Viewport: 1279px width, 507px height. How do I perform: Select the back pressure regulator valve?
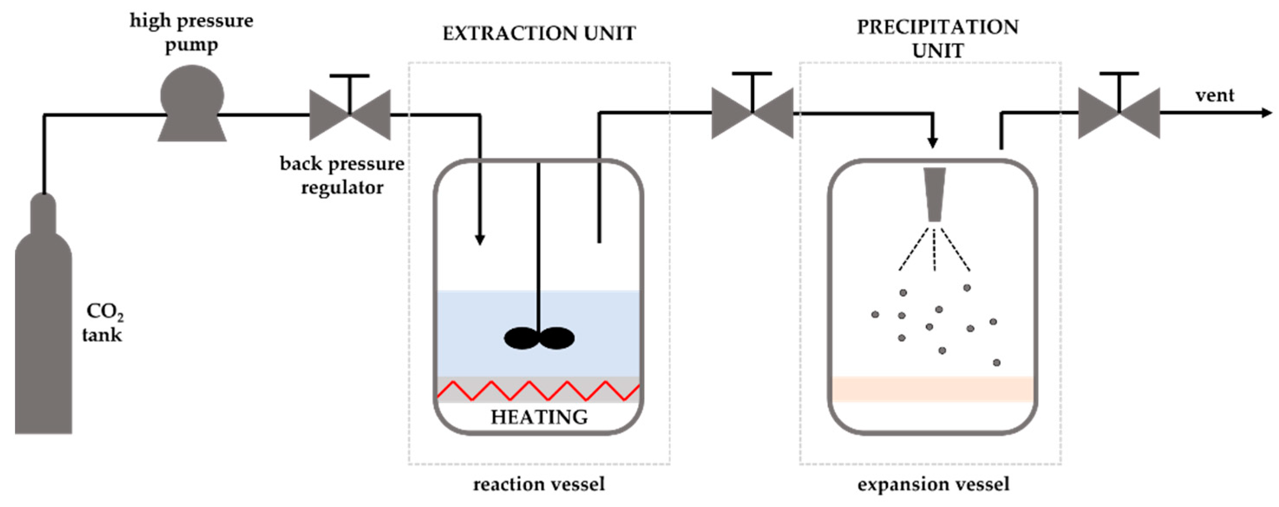pyautogui.click(x=350, y=114)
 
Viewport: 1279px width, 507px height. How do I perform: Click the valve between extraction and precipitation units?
pyautogui.click(x=752, y=113)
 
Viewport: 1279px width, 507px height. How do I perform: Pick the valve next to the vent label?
pyautogui.click(x=1119, y=113)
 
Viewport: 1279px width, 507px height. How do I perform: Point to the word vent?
pyautogui.click(x=1214, y=95)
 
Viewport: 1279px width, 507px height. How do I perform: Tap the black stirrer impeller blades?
pyautogui.click(x=539, y=338)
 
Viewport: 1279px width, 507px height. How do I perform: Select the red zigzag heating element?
pyautogui.click(x=538, y=390)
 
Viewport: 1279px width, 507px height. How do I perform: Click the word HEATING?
pyautogui.click(x=539, y=417)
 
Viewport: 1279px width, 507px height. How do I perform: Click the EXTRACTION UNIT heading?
pyautogui.click(x=539, y=33)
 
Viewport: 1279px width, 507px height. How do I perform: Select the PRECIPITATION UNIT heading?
pyautogui.click(x=937, y=39)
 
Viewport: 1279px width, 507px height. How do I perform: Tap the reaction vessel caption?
pyautogui.click(x=539, y=484)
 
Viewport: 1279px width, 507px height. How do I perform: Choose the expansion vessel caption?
pyautogui.click(x=933, y=484)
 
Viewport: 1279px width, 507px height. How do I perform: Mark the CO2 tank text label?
pyautogui.click(x=103, y=323)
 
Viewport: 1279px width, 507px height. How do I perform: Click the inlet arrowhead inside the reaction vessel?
pyautogui.click(x=480, y=239)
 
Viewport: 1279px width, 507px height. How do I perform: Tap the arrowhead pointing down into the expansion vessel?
pyautogui.click(x=933, y=143)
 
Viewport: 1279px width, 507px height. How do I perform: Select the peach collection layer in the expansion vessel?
pyautogui.click(x=932, y=389)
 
